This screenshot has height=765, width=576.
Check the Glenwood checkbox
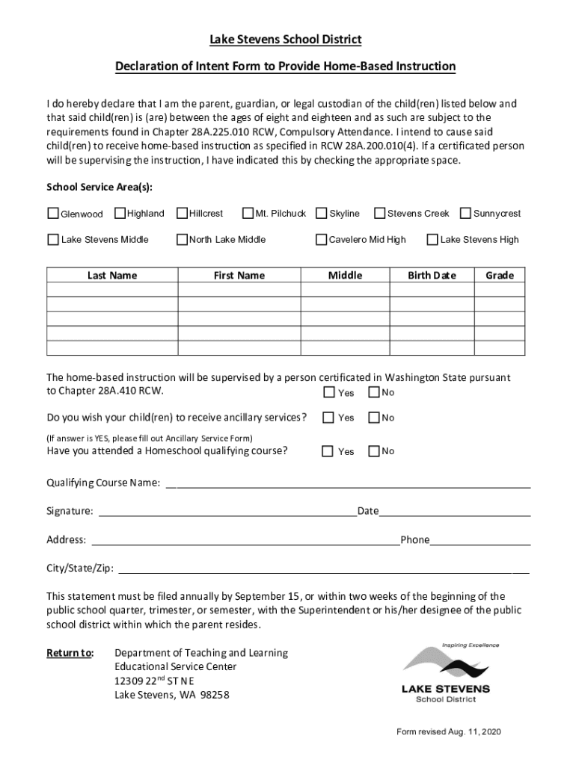[x=53, y=214]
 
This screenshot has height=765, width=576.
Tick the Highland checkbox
[x=120, y=214]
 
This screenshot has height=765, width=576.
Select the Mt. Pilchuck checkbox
[x=248, y=214]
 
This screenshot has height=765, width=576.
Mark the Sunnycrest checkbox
[x=466, y=214]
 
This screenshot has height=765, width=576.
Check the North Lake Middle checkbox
[x=182, y=240]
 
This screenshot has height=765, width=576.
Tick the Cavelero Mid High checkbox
[x=322, y=240]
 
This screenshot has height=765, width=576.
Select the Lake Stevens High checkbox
[x=432, y=240]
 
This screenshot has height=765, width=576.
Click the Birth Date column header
[x=432, y=276]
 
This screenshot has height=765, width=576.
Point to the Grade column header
[x=500, y=276]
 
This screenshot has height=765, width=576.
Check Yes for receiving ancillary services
[x=328, y=418]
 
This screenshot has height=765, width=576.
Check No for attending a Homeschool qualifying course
[x=374, y=451]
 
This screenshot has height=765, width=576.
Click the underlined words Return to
[x=70, y=654]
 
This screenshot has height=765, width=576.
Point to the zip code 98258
[x=214, y=696]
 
